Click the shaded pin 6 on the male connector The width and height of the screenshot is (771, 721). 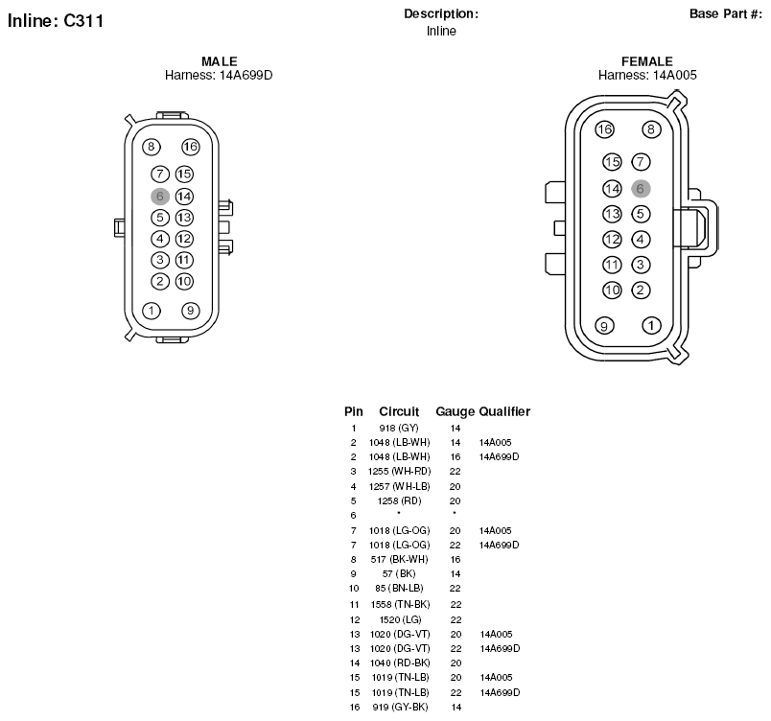(160, 197)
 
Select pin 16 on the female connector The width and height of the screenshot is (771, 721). (604, 129)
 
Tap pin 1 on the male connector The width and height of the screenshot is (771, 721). (151, 311)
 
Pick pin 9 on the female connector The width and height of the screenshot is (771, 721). (604, 325)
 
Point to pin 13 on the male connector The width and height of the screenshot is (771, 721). (184, 218)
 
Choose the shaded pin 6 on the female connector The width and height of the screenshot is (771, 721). (641, 188)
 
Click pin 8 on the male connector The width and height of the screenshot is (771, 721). (151, 147)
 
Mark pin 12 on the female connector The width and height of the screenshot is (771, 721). (612, 240)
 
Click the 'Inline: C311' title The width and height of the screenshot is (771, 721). (56, 21)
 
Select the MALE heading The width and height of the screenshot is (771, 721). (220, 61)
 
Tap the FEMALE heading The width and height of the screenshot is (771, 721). (647, 61)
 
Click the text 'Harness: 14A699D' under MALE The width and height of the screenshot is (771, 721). (219, 75)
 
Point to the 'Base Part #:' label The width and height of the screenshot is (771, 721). (726, 13)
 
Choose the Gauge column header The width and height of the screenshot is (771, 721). (455, 411)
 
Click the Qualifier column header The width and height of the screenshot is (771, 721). (504, 411)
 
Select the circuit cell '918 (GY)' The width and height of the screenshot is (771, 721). (399, 428)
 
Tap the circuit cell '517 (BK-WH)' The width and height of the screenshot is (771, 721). (399, 559)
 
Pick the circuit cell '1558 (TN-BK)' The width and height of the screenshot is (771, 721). (400, 605)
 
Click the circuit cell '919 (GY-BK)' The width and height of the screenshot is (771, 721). (400, 708)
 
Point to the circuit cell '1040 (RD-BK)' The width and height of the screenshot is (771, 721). (400, 663)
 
